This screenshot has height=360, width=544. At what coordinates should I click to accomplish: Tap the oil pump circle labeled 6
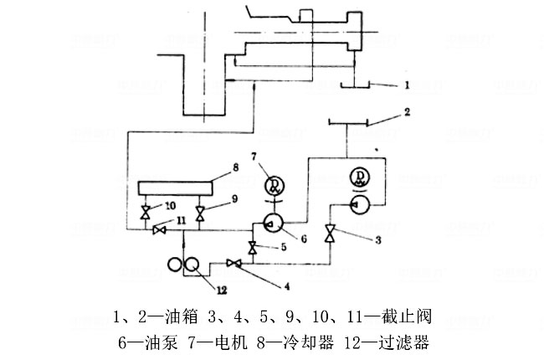pos(273,221)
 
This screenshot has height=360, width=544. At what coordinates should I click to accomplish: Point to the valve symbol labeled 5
pos(252,247)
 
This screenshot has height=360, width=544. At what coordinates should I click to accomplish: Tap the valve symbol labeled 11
pos(158,232)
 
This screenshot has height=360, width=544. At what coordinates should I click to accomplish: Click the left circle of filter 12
pos(177,265)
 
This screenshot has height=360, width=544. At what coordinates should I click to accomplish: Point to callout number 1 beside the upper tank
pos(406,85)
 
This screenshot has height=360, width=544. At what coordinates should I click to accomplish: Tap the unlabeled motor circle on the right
pos(361,177)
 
